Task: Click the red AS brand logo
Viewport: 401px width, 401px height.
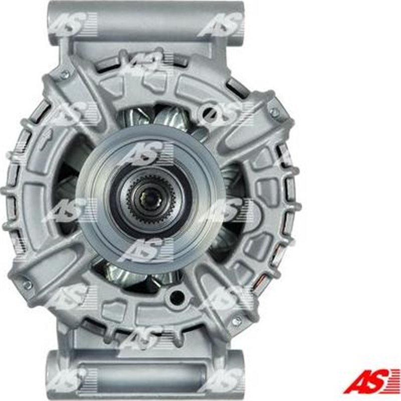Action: click(372, 380)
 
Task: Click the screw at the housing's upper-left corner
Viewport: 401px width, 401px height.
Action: click(64, 75)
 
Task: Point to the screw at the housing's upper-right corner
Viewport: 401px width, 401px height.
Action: click(275, 113)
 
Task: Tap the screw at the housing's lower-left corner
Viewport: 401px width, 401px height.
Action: click(27, 284)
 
